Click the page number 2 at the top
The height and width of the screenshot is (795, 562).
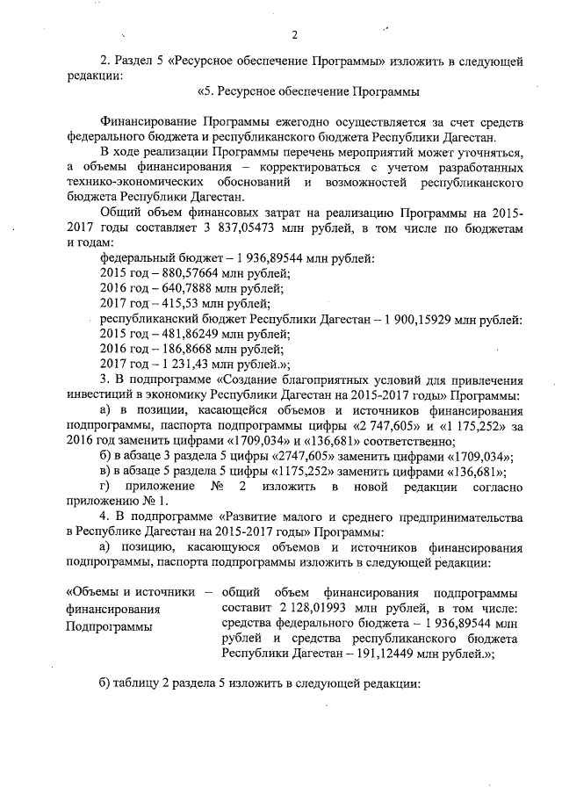pyautogui.click(x=295, y=35)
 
